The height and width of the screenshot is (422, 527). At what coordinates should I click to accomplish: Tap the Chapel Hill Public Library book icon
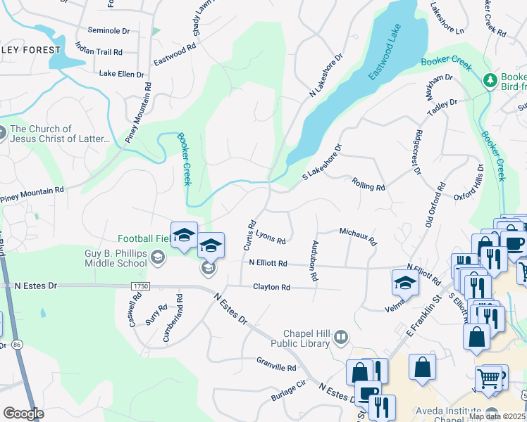click(341, 338)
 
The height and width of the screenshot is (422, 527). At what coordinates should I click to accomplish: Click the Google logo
click(23, 414)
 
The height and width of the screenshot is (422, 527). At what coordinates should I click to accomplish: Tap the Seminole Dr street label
click(109, 31)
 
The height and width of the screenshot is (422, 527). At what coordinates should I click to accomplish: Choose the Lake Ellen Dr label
click(121, 73)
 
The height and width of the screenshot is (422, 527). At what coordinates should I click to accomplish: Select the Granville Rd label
click(276, 367)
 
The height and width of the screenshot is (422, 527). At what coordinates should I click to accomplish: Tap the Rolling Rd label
click(368, 184)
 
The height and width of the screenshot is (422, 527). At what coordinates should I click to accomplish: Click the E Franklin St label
click(422, 319)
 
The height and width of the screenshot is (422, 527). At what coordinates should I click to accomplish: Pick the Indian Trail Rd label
click(99, 52)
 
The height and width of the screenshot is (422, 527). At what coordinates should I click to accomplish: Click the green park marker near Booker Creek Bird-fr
click(490, 82)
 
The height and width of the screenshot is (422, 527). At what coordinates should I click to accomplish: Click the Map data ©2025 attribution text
click(497, 416)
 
